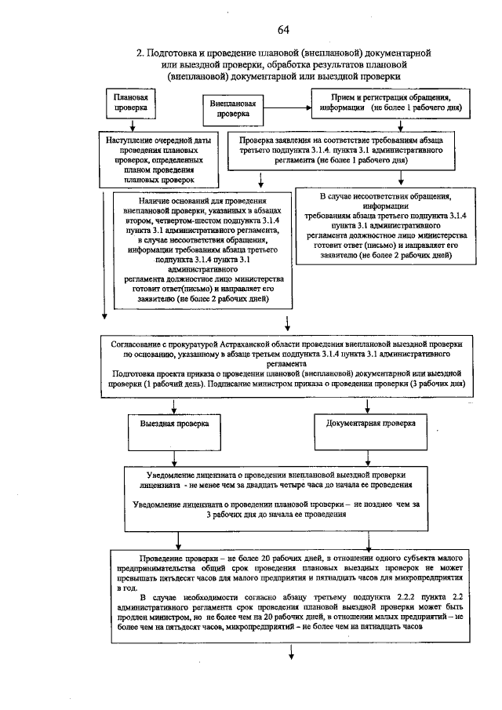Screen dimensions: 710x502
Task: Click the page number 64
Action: click(x=283, y=30)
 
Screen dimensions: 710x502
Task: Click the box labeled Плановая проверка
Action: click(x=129, y=101)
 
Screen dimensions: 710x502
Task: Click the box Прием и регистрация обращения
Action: click(x=388, y=101)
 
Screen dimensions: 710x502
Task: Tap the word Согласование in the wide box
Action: click(x=138, y=344)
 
